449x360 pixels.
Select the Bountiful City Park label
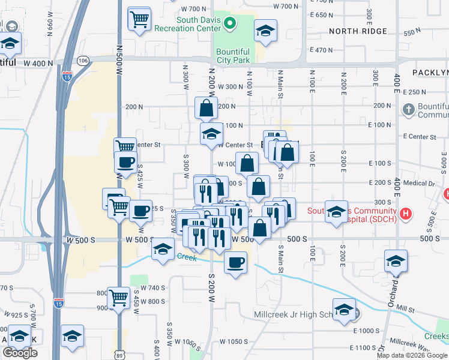(233, 56)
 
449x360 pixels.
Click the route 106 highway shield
(83, 61)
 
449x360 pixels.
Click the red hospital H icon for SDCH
(406, 213)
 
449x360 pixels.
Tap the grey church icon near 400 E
(409, 109)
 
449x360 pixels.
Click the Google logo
(20, 353)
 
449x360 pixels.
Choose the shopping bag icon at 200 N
(206, 109)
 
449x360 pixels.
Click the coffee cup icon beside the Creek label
(235, 263)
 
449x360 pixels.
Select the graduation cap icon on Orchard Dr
(396, 262)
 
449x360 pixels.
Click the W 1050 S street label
(234, 341)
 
